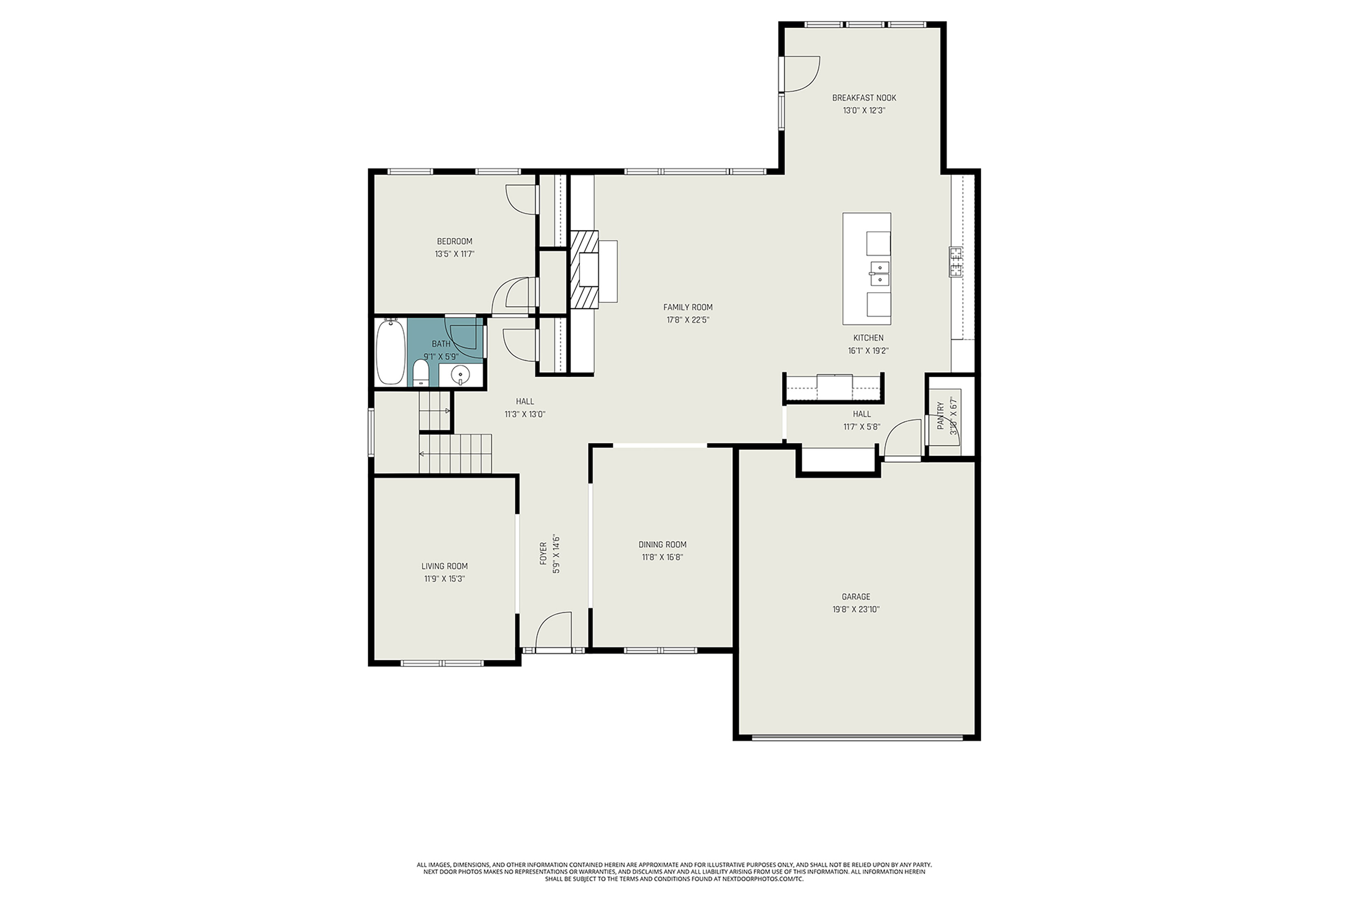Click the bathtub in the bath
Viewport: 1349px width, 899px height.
point(390,352)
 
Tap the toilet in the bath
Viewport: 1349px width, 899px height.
point(421,374)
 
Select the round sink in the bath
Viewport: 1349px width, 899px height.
point(460,376)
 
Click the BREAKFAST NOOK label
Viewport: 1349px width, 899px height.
point(864,98)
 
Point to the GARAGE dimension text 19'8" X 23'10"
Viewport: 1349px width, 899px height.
point(856,609)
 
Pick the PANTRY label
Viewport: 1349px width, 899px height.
point(940,415)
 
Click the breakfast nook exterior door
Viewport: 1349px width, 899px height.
point(800,74)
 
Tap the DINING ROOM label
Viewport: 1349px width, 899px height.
point(662,545)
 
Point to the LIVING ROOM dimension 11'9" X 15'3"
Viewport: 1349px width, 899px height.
point(444,579)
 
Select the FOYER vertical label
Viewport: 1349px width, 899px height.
point(543,554)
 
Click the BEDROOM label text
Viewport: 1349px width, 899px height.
point(454,242)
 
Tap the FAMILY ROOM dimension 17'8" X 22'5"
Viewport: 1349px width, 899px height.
point(688,320)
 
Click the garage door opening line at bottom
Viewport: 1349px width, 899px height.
point(857,738)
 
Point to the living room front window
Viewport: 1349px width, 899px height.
point(442,663)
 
